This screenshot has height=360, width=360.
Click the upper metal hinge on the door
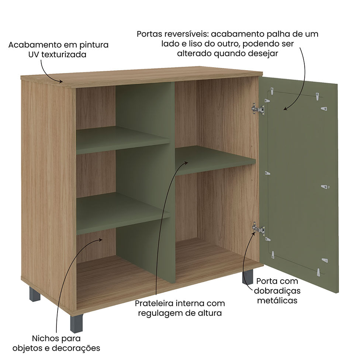click(258, 109)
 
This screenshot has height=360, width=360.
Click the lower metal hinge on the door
click(259, 228)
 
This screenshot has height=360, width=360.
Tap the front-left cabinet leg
click(76, 324)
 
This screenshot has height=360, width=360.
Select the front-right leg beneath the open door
click(247, 276)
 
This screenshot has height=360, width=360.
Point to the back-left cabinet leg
click(35, 294)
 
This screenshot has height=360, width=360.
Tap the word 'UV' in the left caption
click(34, 55)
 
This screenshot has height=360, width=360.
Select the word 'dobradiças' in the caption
click(277, 291)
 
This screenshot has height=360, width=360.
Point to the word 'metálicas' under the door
click(277, 301)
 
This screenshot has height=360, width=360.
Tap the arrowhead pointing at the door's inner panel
click(285, 108)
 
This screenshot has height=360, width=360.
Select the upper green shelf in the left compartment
click(123, 140)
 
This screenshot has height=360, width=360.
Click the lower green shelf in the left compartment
click(123, 213)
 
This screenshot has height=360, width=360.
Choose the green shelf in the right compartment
click(215, 160)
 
